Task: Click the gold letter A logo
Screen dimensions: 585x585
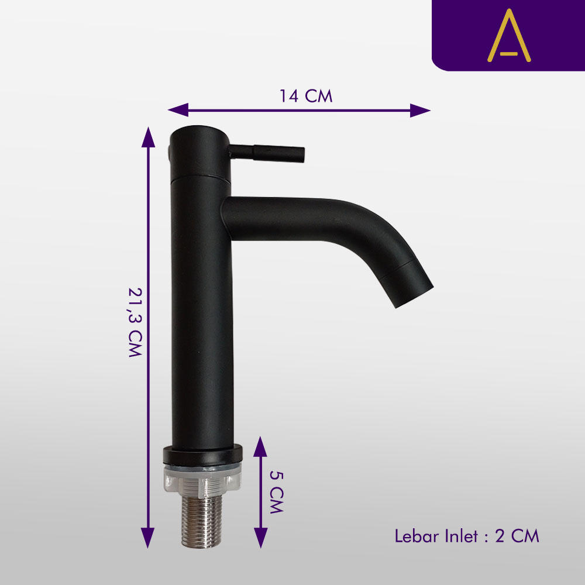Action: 509,36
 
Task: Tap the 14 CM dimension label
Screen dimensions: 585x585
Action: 306,96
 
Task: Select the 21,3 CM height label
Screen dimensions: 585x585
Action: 135,322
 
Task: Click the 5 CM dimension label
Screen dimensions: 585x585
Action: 277,492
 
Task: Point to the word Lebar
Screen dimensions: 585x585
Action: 417,536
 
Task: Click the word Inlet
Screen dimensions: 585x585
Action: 462,536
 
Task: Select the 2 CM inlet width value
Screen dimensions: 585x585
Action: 517,536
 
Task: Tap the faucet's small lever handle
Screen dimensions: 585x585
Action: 267,153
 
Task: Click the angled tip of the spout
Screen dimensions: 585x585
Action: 413,285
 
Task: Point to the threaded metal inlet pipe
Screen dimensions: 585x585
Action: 201,522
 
